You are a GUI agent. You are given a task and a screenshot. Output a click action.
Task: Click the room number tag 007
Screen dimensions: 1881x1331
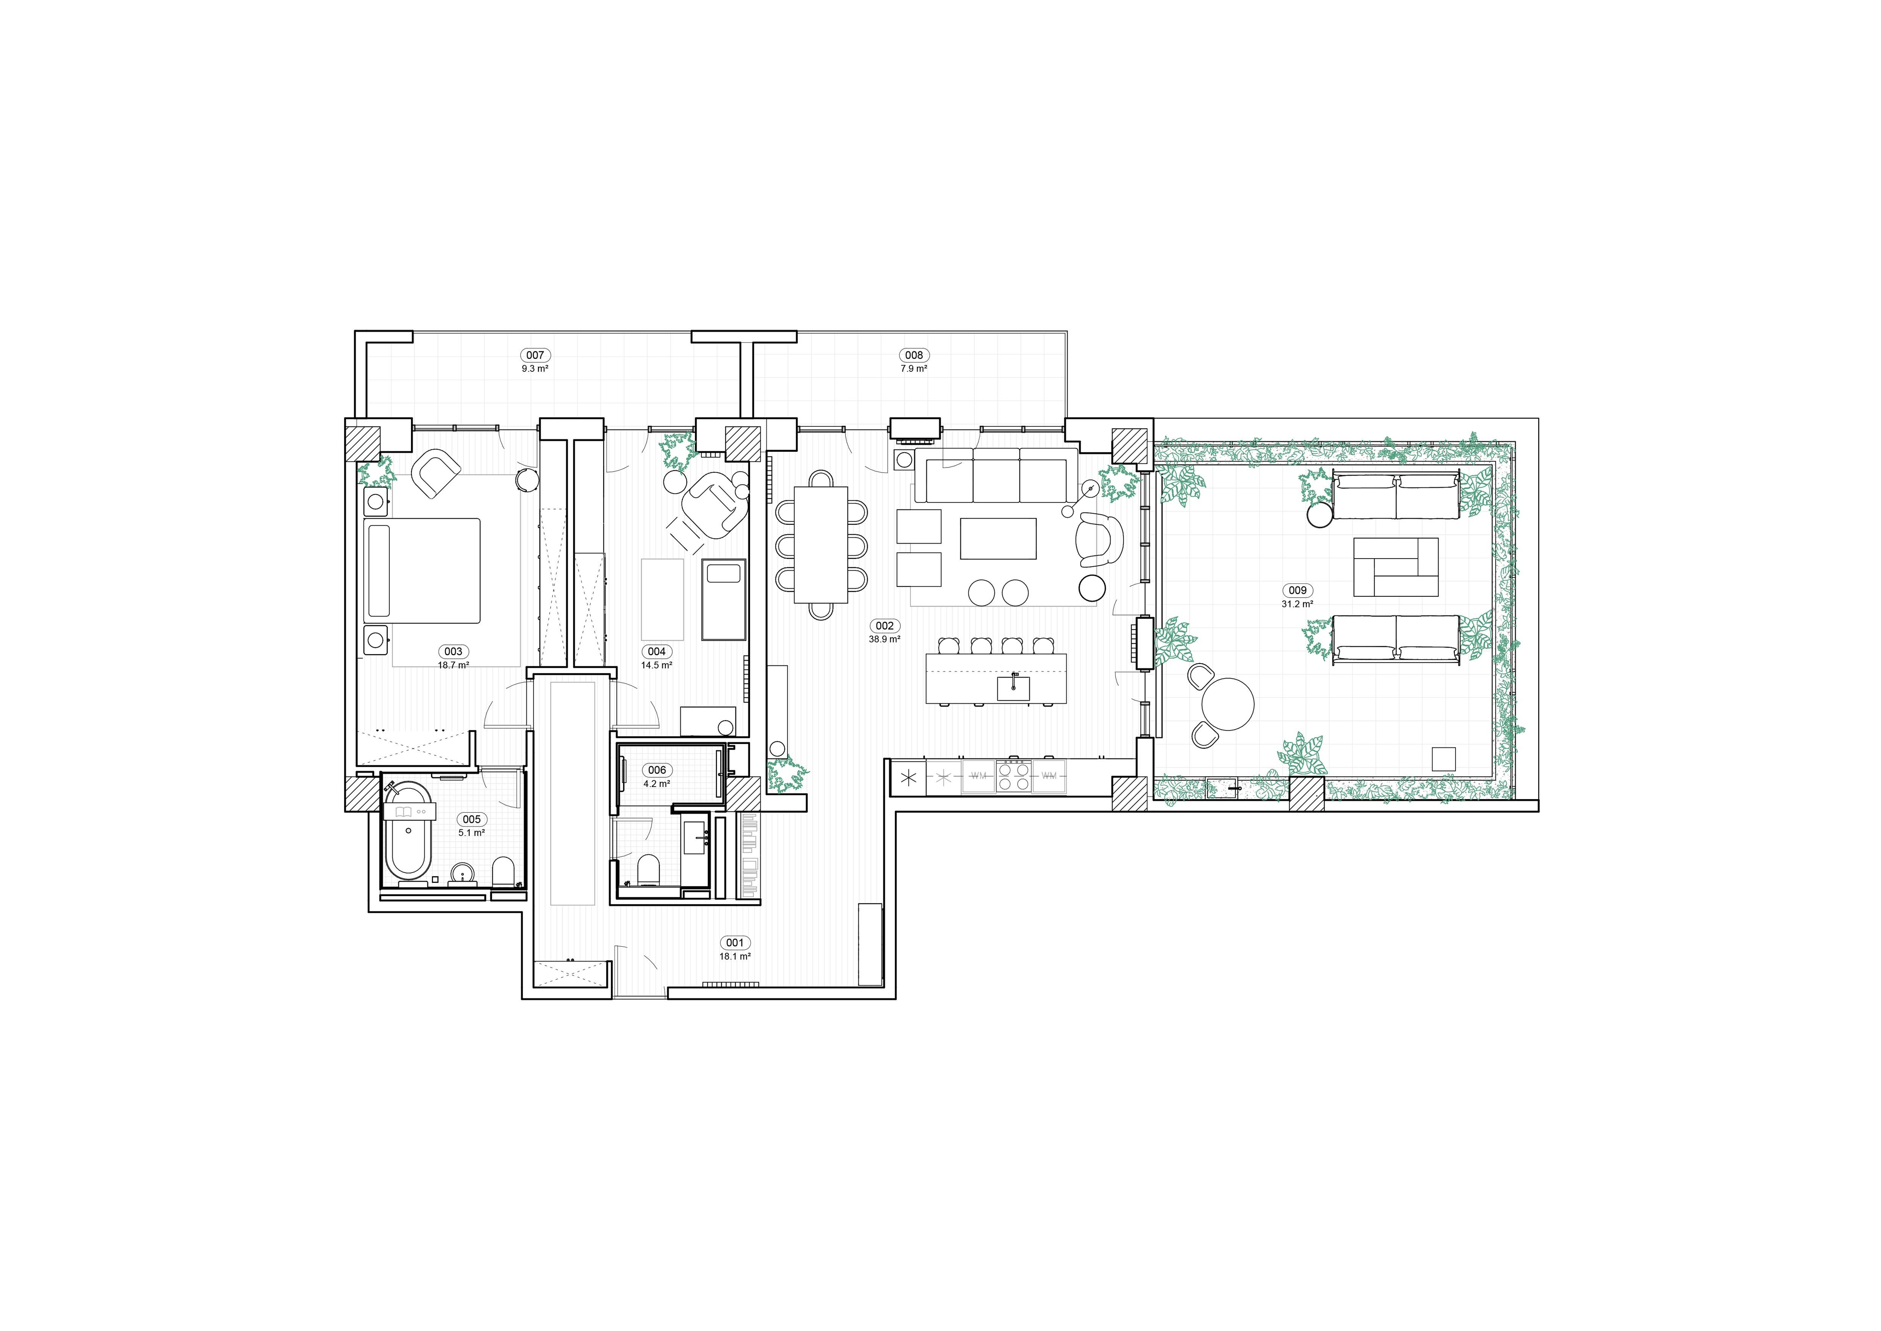(535, 355)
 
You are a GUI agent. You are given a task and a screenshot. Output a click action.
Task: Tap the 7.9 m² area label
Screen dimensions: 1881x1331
(913, 369)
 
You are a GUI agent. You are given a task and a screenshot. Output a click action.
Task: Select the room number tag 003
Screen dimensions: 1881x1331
(453, 651)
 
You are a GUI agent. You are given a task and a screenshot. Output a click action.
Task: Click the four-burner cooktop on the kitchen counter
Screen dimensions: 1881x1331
(1013, 775)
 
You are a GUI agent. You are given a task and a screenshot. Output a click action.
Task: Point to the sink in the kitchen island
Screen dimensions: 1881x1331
(1013, 687)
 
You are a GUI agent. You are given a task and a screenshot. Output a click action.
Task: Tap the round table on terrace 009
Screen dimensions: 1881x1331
(1227, 703)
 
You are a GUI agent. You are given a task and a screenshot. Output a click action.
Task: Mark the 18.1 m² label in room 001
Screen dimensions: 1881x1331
(735, 957)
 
